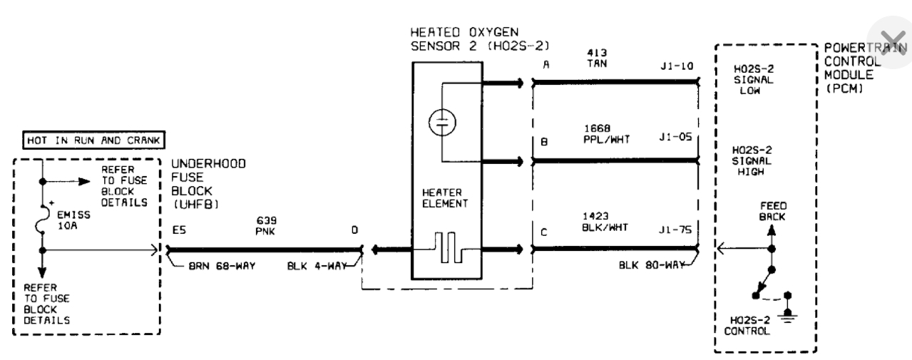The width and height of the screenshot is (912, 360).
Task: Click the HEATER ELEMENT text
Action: pos(446,198)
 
